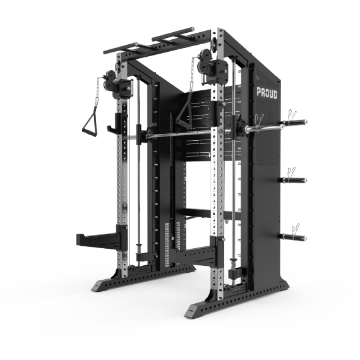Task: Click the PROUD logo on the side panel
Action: [x=267, y=93]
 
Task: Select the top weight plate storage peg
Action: [x=295, y=122]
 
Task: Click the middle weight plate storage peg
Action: [x=293, y=180]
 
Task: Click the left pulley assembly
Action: [x=109, y=80]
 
